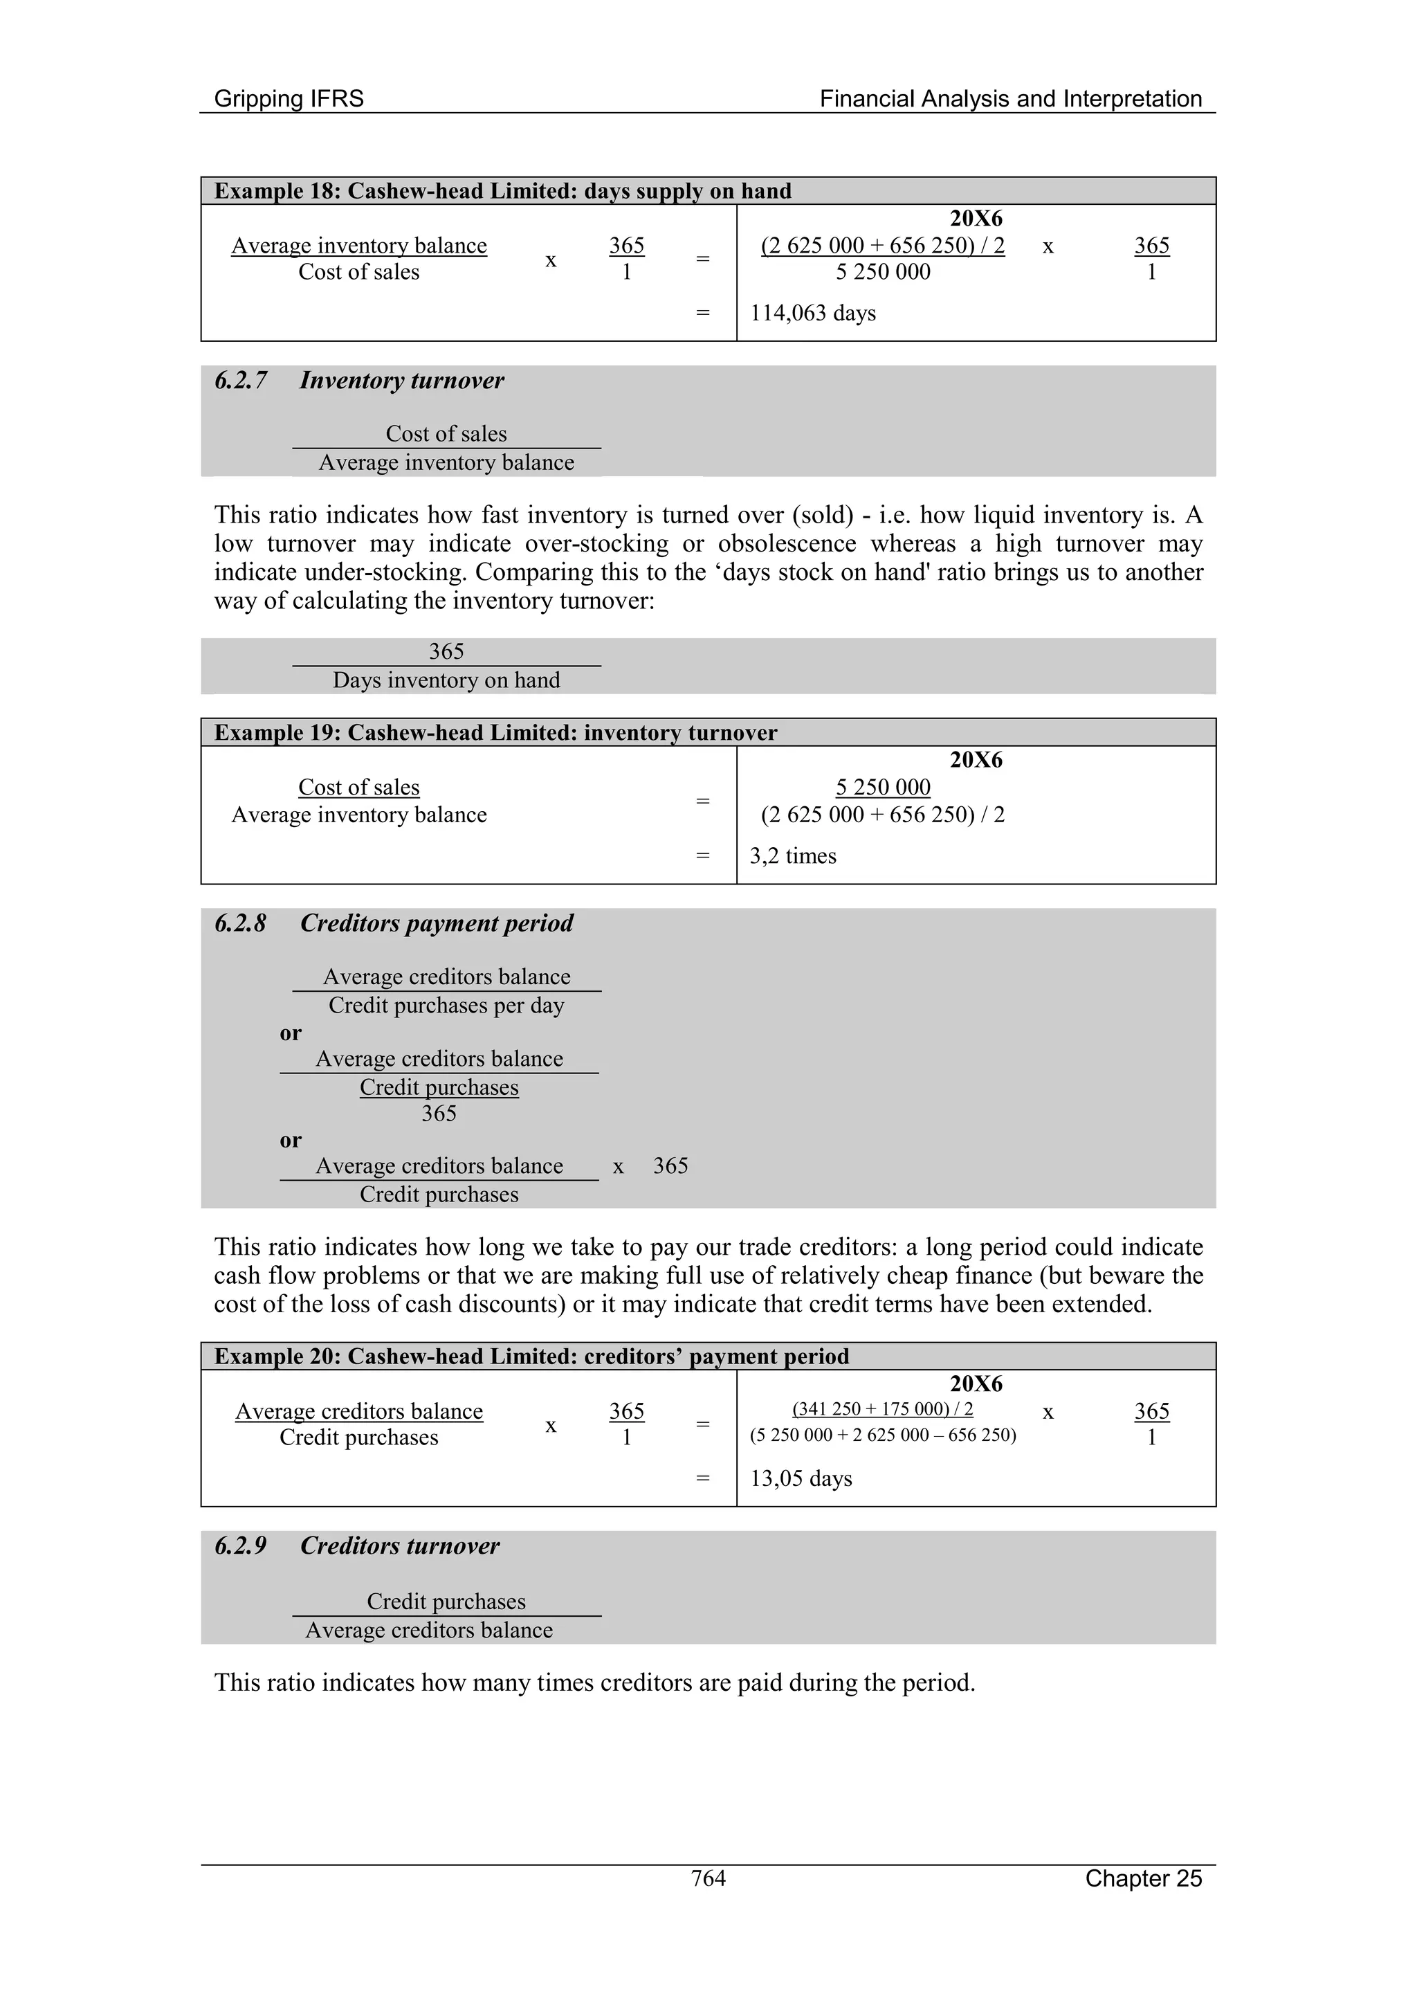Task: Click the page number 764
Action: (x=708, y=1878)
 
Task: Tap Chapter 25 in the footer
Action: (x=1143, y=1878)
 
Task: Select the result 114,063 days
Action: (x=812, y=313)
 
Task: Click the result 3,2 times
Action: (x=793, y=856)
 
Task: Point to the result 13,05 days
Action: (x=801, y=1478)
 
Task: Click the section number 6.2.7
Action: (x=241, y=381)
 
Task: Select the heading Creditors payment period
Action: (x=437, y=923)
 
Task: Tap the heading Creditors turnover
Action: (x=400, y=1545)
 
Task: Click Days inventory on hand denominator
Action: (x=446, y=680)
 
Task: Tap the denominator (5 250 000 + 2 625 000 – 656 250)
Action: (x=883, y=1435)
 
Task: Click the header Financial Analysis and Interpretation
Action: (x=1010, y=99)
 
